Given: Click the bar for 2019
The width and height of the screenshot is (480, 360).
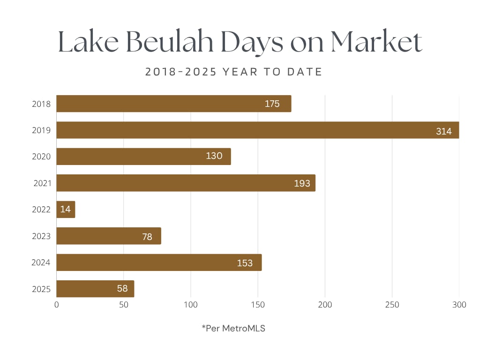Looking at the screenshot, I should pos(257,130).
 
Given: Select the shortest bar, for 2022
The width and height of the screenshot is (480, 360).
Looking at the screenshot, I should pos(66,210).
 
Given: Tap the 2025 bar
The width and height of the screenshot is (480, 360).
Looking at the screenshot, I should pos(95,289).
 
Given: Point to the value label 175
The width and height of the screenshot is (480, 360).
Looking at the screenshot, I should pos(272,104).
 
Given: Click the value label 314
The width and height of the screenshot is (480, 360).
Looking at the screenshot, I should pos(443,131).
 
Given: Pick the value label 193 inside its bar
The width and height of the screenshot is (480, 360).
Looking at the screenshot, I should pos(302,183).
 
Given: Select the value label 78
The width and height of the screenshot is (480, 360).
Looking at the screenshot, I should pos(147,237).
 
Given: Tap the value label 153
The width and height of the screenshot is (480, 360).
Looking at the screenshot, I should pos(245,263).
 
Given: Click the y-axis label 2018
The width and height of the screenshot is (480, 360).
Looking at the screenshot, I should pos(41,104).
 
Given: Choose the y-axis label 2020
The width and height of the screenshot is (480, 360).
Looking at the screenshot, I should pos(41,157).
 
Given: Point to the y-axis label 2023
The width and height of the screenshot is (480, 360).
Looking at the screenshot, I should pos(41,236).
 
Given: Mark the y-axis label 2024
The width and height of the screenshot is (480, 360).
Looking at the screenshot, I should pos(41,262).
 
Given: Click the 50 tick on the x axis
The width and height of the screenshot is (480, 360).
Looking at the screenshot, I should pos(124,305).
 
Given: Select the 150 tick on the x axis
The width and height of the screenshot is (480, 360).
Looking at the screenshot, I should pos(258,305).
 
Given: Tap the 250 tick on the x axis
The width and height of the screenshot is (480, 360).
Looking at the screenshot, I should pos(392,305).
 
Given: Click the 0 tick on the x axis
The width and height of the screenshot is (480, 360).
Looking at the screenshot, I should pos(57,305).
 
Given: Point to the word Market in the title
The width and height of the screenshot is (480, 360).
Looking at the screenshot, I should pos(376,42).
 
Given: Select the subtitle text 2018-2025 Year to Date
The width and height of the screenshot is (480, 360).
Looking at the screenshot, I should pos(233,72).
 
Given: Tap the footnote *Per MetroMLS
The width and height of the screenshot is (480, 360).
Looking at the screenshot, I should pos(233,328).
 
